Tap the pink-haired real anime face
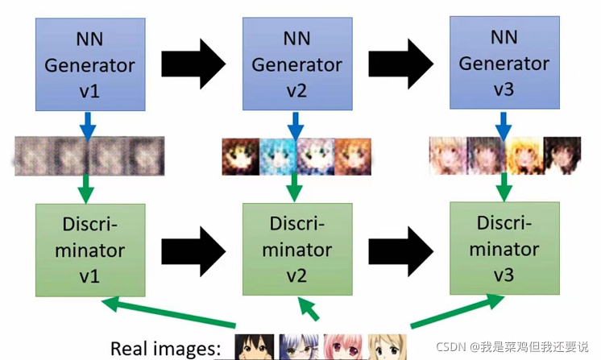point(341,347)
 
